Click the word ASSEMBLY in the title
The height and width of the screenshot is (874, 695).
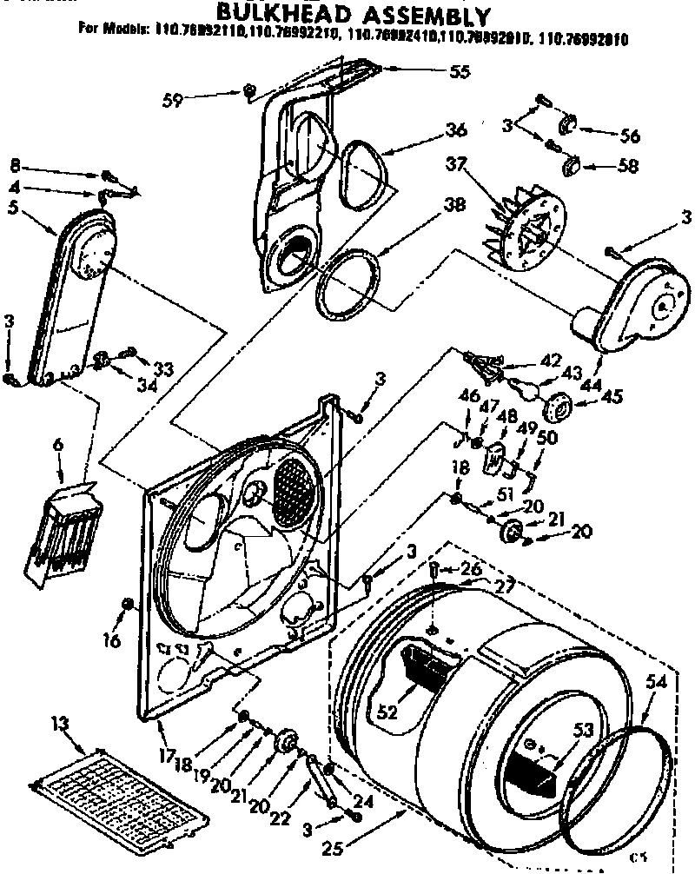tap(418, 15)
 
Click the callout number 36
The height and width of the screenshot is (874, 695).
tap(455, 130)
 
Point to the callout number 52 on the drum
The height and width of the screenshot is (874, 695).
tap(388, 711)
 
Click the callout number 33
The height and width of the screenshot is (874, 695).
tap(163, 367)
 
